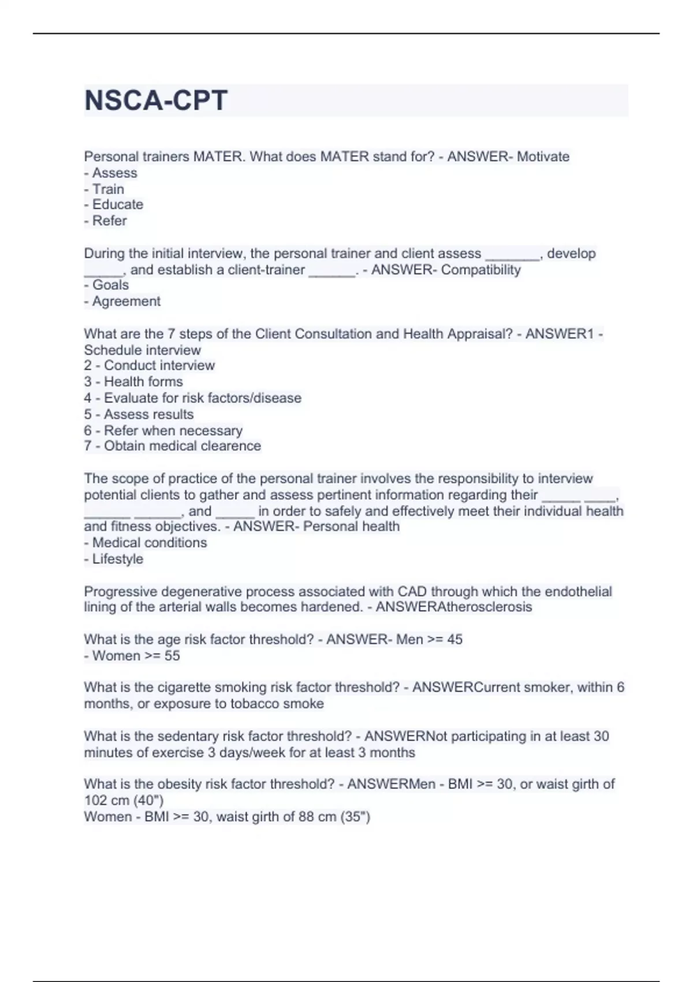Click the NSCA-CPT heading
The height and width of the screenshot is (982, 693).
(x=156, y=101)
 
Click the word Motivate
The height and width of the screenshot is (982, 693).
(x=543, y=157)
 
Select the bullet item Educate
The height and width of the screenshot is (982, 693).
(x=117, y=204)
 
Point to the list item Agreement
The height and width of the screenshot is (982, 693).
(x=126, y=302)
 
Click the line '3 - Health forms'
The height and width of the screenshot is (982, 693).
(x=133, y=382)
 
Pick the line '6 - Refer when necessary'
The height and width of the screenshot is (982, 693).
(x=163, y=431)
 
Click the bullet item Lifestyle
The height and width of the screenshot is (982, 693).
(x=117, y=559)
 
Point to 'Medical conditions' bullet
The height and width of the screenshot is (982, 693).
(x=149, y=543)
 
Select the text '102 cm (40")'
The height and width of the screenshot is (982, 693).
(x=124, y=801)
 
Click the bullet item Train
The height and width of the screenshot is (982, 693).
(x=108, y=189)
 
